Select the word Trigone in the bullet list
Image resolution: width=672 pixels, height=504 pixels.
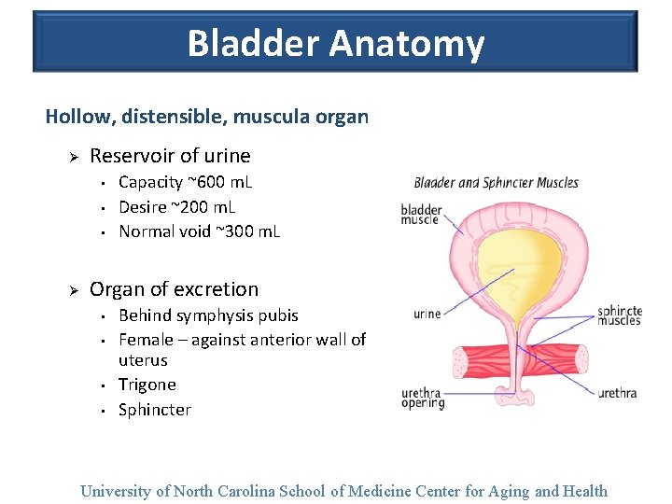point(147,385)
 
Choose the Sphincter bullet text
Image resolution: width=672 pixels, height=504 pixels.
point(155,410)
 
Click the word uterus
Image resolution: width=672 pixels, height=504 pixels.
point(143,360)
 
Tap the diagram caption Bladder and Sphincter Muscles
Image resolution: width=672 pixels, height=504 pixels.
point(496,183)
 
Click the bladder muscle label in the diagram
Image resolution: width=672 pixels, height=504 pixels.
point(421,214)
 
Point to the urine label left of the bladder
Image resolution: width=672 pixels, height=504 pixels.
point(427,314)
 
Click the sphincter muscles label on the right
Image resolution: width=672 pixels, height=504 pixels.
point(619,315)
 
